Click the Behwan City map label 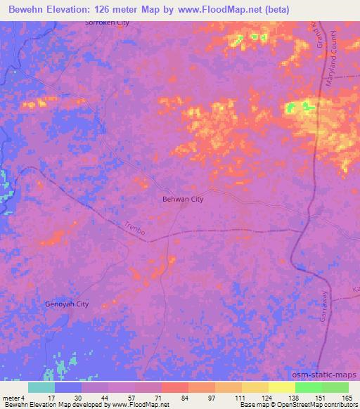(179, 200)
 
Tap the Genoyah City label (67, 304)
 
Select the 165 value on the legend (347, 397)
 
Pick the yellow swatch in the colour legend (281, 387)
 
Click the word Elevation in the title (70, 8)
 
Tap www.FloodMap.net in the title (213, 8)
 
